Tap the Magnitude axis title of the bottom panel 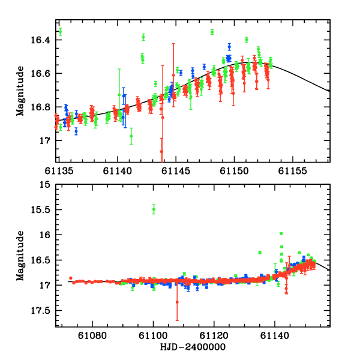20,256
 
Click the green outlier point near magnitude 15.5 154,209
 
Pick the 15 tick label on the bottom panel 46,184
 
